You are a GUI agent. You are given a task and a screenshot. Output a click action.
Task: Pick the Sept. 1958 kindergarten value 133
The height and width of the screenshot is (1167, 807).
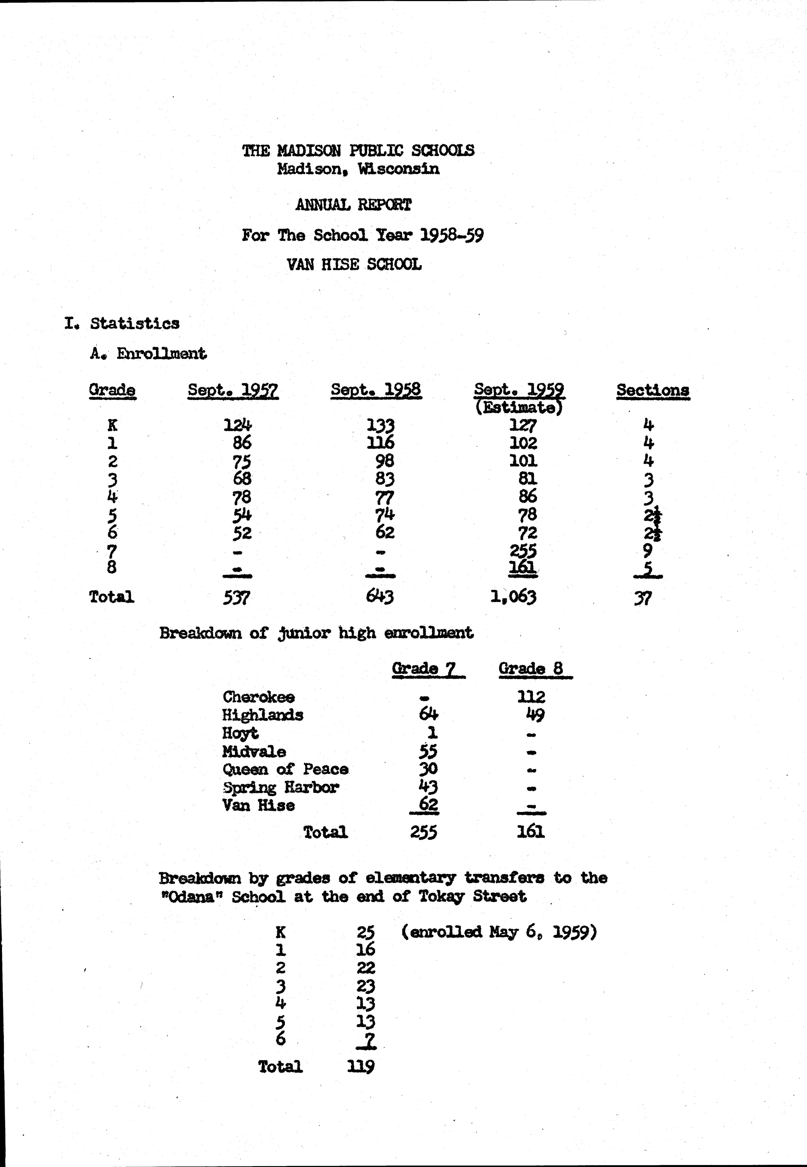point(380,425)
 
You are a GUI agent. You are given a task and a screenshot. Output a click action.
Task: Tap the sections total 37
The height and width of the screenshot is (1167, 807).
point(643,599)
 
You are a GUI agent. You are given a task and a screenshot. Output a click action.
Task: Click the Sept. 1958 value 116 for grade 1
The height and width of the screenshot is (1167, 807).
point(380,443)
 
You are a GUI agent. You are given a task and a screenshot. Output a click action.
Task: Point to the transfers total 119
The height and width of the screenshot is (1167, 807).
point(361,1067)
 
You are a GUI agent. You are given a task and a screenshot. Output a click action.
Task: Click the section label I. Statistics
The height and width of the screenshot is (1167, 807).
point(122,323)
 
